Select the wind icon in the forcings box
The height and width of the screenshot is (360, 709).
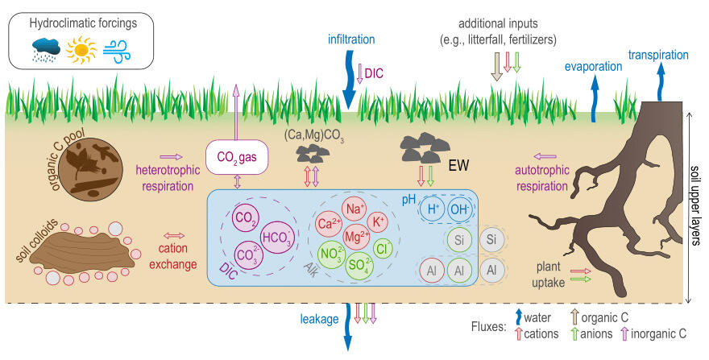(x=118, y=51)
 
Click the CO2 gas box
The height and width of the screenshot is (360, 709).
(x=237, y=158)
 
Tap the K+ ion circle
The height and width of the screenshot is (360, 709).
(x=379, y=221)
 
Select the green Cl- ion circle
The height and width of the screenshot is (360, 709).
(x=384, y=248)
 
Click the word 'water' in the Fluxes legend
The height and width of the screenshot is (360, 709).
(x=539, y=317)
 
